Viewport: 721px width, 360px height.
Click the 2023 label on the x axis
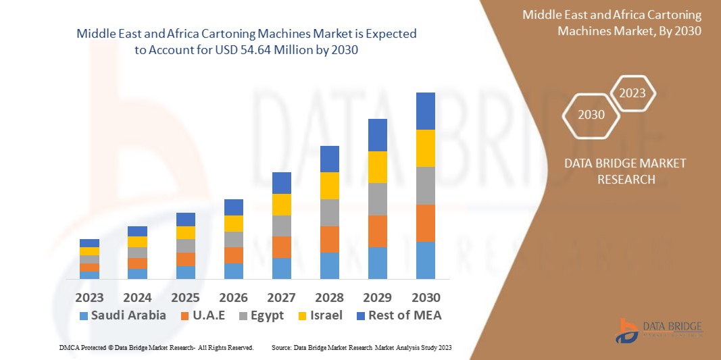[89, 297]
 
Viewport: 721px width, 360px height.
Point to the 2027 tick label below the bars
[281, 297]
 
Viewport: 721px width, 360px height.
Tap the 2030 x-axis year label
[426, 297]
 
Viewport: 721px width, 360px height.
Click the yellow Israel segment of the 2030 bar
[426, 148]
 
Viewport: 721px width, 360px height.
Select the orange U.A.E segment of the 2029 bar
[378, 231]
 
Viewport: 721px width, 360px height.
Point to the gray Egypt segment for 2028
[329, 212]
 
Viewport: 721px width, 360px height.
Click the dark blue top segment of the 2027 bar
[281, 182]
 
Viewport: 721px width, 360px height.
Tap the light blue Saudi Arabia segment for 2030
[426, 260]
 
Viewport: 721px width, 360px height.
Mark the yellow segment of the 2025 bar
[185, 232]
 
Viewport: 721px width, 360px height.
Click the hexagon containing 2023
[632, 93]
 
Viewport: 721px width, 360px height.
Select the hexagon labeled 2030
[591, 114]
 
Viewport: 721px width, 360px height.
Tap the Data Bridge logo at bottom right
[659, 330]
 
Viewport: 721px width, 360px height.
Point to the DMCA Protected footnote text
[155, 347]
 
